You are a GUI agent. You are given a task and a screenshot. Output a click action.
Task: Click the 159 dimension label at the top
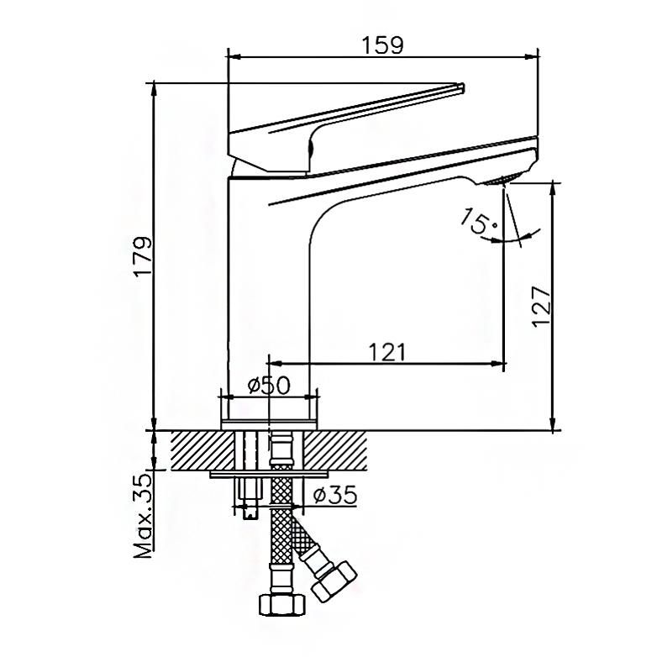[x=382, y=45]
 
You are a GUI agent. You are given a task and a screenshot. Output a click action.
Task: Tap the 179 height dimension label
[x=143, y=256]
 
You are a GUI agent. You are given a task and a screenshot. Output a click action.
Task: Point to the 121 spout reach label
[x=387, y=352]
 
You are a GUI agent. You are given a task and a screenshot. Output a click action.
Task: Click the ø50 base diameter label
[x=269, y=385]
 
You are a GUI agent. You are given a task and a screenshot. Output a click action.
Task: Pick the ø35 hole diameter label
[x=335, y=495]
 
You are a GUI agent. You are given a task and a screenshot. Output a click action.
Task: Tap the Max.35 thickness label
[x=143, y=516]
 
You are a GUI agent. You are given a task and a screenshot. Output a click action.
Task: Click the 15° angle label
[x=479, y=221]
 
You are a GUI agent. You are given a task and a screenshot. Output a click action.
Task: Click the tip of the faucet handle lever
[x=461, y=87]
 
